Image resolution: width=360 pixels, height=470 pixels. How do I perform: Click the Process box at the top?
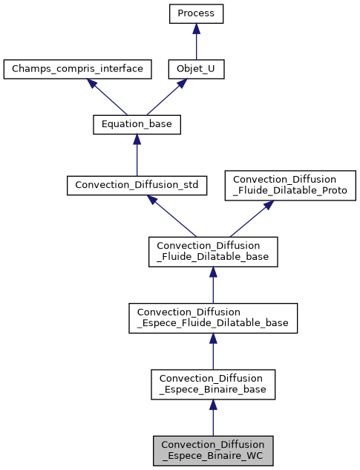[x=196, y=13]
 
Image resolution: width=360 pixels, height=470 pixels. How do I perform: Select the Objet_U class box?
[x=196, y=70]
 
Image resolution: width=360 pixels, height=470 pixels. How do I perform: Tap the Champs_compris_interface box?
[x=77, y=70]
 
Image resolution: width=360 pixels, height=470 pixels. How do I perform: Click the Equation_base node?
[x=137, y=125]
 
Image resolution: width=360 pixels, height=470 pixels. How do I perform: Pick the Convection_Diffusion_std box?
[x=137, y=185]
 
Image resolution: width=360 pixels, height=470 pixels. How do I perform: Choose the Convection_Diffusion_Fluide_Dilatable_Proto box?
[x=291, y=185]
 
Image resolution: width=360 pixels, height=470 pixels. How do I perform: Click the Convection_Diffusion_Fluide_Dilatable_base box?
[x=213, y=252]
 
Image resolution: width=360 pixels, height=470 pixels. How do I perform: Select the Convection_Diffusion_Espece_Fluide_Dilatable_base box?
[x=213, y=318]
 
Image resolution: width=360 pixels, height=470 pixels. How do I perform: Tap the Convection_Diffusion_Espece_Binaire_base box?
[x=213, y=384]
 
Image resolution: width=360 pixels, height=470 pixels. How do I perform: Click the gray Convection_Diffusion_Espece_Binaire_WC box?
[x=213, y=450]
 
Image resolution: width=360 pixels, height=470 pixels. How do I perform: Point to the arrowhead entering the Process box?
[x=196, y=28]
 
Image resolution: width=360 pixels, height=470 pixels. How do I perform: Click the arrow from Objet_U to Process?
[x=196, y=44]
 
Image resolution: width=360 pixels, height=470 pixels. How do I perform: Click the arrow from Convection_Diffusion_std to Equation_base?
[x=137, y=155]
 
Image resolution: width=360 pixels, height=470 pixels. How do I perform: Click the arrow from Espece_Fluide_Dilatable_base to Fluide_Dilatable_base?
[x=213, y=286]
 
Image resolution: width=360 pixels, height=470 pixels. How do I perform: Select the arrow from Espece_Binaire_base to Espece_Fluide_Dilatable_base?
[x=213, y=351]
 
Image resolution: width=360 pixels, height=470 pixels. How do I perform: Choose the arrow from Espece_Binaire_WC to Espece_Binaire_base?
[x=213, y=417]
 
